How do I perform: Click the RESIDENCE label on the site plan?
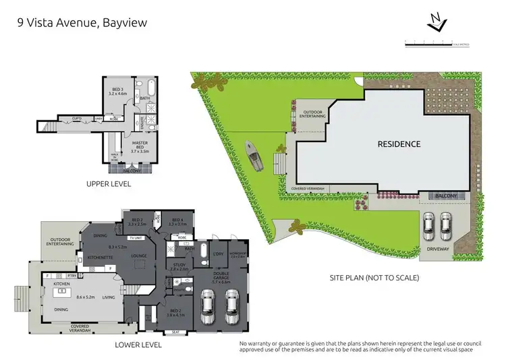pyautogui.click(x=399, y=144)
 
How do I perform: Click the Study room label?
pyautogui.click(x=179, y=267)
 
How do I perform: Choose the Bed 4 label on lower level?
pyautogui.click(x=178, y=221)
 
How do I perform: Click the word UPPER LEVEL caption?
pyautogui.click(x=108, y=183)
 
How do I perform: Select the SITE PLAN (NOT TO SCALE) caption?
pyautogui.click(x=374, y=278)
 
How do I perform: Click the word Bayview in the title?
pyautogui.click(x=125, y=22)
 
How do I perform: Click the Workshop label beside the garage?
pyautogui.click(x=239, y=256)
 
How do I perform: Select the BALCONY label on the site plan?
pyautogui.click(x=445, y=196)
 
